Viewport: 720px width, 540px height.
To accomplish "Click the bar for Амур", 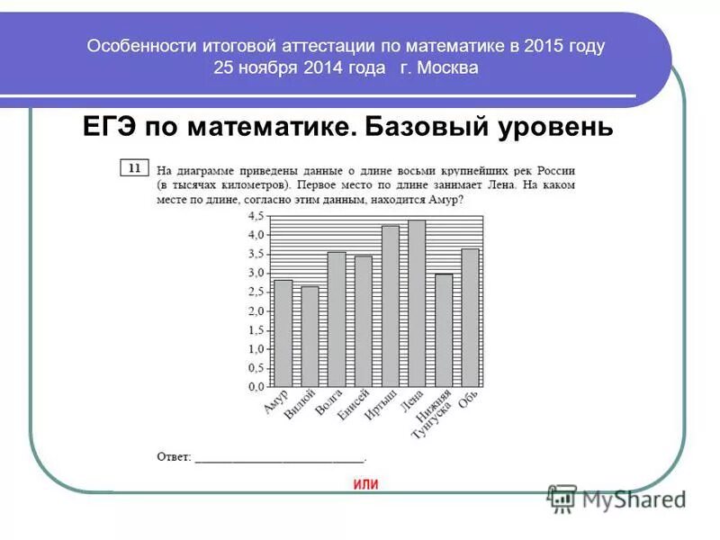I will click(x=283, y=333).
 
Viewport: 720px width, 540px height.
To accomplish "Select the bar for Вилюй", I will click(x=310, y=337).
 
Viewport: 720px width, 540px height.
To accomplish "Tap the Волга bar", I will click(x=337, y=319).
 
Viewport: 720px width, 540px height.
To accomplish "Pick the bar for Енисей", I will click(x=363, y=321).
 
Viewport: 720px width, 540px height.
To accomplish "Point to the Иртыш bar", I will click(x=390, y=306).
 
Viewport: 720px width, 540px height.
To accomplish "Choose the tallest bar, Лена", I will click(x=417, y=303).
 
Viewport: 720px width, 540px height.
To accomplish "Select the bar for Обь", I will click(x=470, y=318).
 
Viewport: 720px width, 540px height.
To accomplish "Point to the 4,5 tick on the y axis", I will click(x=256, y=216).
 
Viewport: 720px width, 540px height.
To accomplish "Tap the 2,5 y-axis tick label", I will click(x=256, y=292).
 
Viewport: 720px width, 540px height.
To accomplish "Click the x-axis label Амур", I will click(x=276, y=401).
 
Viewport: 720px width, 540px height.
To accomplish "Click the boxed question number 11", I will click(x=133, y=167).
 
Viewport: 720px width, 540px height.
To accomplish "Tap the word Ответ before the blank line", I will click(x=173, y=457).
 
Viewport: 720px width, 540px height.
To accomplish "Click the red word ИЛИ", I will click(x=365, y=484).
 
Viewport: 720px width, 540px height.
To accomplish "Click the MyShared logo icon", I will click(x=562, y=499).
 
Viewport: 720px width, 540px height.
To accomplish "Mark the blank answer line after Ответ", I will click(x=279, y=459).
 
